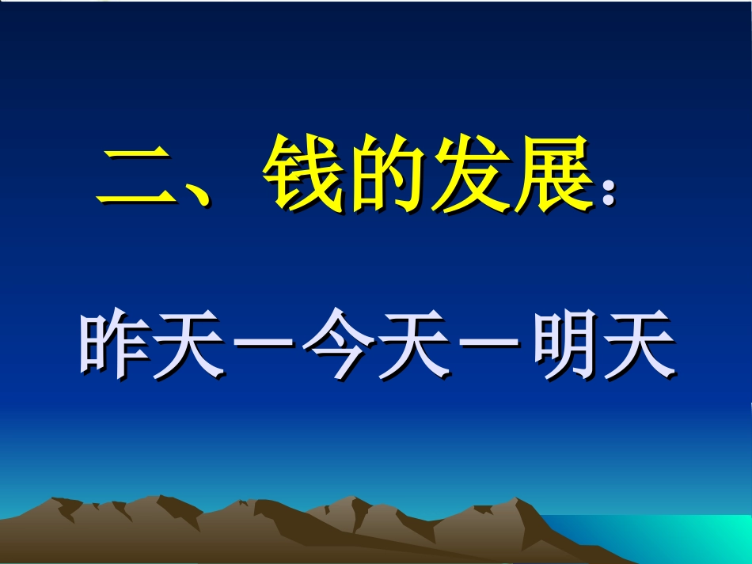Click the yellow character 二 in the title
point(133,176)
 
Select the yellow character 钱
point(302,174)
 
